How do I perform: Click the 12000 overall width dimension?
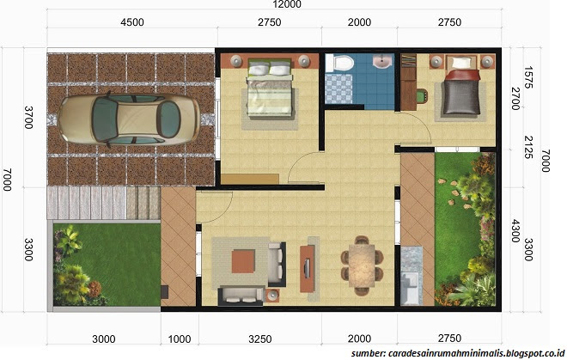click(x=287, y=4)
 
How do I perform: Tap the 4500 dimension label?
click(x=132, y=22)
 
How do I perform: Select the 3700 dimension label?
click(x=28, y=118)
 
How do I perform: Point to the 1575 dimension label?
click(x=528, y=77)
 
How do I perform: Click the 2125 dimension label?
click(x=528, y=147)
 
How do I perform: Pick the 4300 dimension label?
click(x=515, y=231)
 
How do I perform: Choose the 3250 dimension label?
click(x=260, y=339)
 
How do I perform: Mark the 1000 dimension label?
click(x=180, y=339)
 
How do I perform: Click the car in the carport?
click(x=129, y=119)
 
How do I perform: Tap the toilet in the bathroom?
click(x=339, y=64)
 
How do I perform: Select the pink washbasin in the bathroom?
click(x=382, y=61)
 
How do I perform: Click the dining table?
click(x=362, y=265)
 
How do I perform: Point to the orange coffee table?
click(x=243, y=261)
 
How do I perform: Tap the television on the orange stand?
click(x=307, y=268)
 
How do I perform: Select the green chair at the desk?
click(x=423, y=96)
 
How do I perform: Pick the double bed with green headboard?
click(x=270, y=88)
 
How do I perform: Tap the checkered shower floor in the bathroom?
click(x=338, y=89)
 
